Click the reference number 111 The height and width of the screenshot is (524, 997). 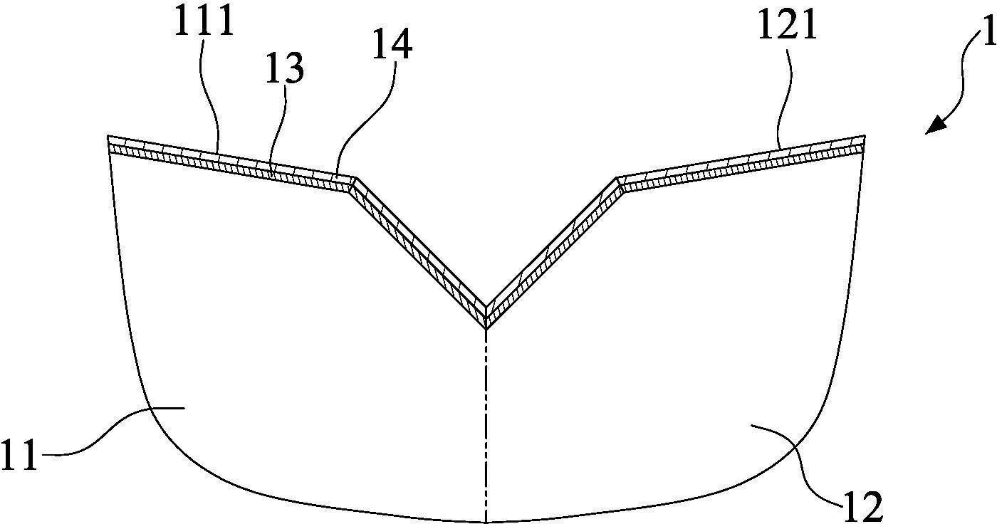pyautogui.click(x=205, y=22)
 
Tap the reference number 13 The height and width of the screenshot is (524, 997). pyautogui.click(x=285, y=68)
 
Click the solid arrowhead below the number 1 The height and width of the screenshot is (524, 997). pyautogui.click(x=935, y=126)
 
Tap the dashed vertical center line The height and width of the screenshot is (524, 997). pyautogui.click(x=486, y=427)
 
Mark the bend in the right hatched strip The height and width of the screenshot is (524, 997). pyautogui.click(x=619, y=183)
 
